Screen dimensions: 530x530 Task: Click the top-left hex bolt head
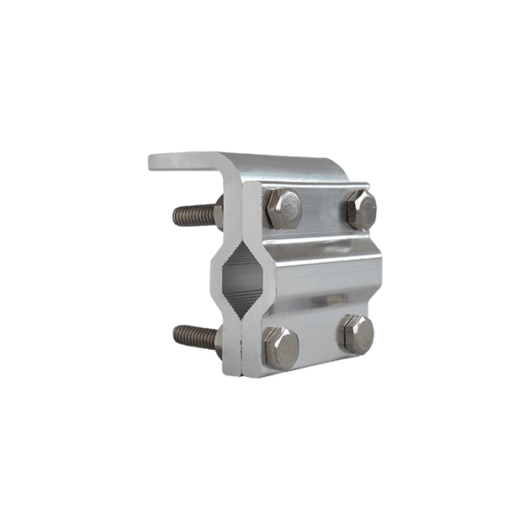284,208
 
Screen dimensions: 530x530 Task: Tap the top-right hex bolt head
361,209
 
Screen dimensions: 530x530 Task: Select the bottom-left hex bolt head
281,346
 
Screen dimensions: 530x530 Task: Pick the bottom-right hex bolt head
357,335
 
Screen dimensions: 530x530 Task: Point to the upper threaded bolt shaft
194,213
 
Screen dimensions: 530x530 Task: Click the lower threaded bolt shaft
194,336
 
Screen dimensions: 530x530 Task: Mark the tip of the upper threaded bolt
176,214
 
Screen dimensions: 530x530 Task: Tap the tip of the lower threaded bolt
176,335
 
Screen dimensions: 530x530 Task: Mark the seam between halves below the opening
241,340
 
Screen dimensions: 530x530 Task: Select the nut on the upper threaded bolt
218,212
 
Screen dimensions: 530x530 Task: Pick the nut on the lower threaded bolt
218,340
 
